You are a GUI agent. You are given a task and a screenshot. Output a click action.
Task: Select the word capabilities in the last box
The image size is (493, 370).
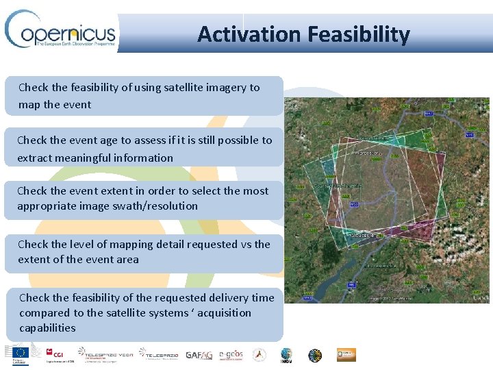coord(47,328)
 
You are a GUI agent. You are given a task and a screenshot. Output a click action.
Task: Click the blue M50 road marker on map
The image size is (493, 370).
coord(354,205)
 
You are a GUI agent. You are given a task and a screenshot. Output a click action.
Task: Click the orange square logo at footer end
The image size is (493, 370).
coord(346,355)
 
